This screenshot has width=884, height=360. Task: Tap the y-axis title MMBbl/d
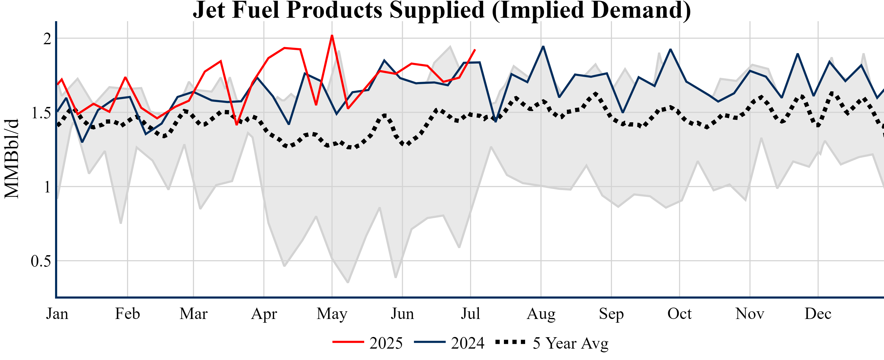tap(12, 159)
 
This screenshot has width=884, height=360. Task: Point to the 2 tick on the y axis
tap(47, 38)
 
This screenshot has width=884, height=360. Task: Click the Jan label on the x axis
tap(57, 314)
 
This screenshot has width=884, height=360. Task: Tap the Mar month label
tap(193, 314)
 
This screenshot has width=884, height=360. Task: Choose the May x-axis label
tap(332, 314)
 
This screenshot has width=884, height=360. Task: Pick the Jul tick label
tap(470, 314)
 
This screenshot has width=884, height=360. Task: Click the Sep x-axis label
tap(611, 314)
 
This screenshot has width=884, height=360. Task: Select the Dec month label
tap(818, 314)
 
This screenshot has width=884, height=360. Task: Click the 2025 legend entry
tap(368, 343)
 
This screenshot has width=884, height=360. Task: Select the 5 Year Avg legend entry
tap(552, 343)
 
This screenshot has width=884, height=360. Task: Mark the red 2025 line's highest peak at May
tap(332, 35)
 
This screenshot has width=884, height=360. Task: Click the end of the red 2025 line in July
tap(475, 50)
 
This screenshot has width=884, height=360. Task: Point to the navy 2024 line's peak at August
tap(543, 46)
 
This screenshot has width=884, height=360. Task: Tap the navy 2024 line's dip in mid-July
tap(495, 121)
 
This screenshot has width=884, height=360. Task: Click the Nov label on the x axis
tap(750, 314)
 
